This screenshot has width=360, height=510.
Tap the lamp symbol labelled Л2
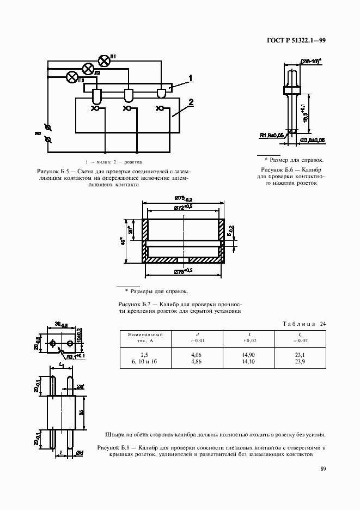click(x=87, y=68)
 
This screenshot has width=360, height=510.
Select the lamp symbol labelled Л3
click(x=71, y=77)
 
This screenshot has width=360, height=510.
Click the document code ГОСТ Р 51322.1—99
click(x=296, y=40)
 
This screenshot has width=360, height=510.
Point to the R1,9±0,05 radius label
click(x=272, y=135)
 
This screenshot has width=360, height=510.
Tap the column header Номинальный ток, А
click(x=145, y=337)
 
